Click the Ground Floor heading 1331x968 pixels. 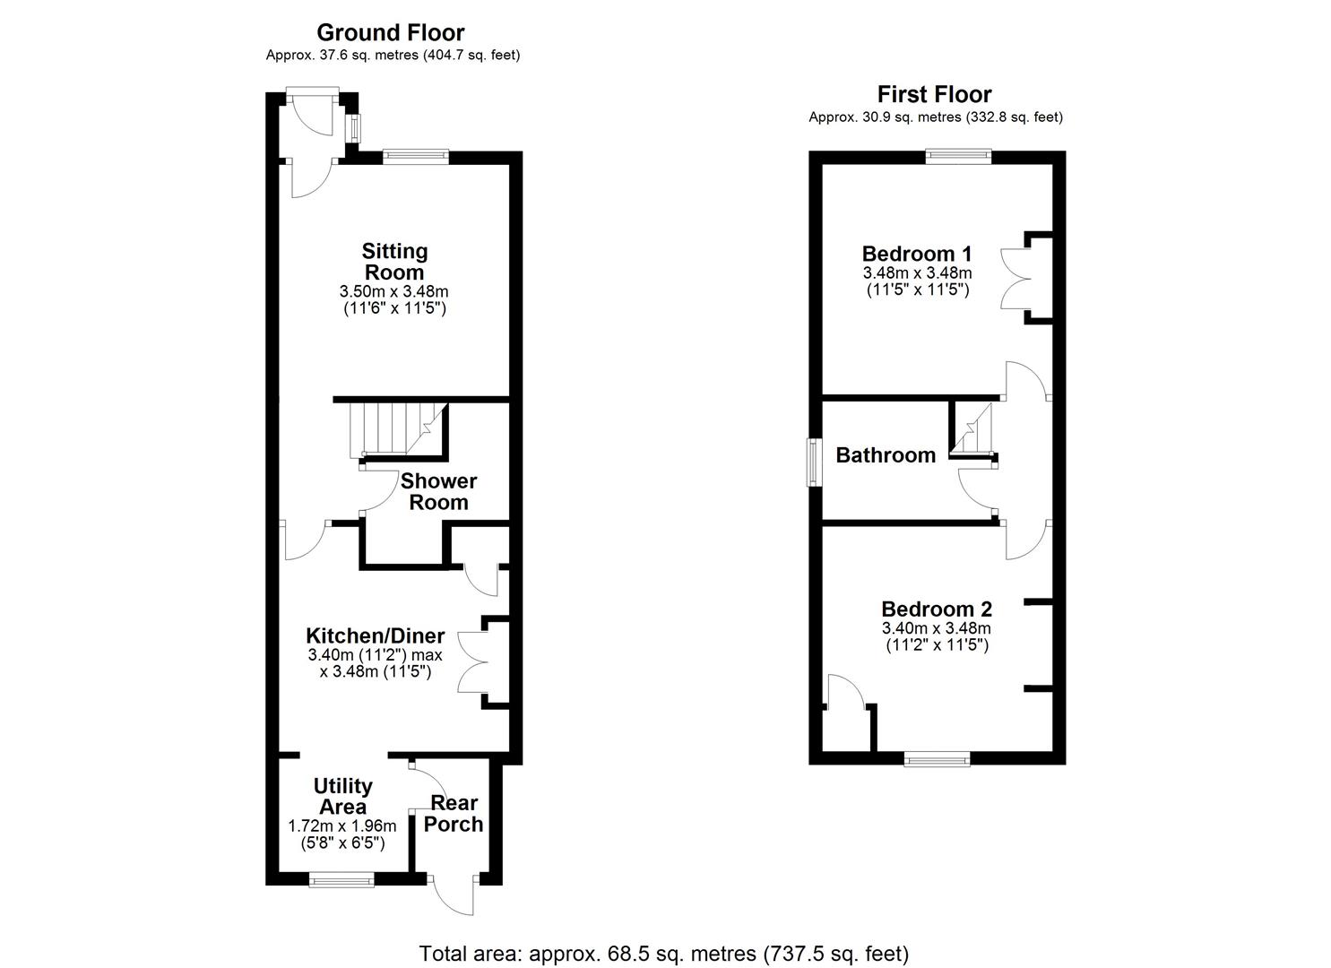(x=391, y=33)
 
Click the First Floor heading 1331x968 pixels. (x=934, y=95)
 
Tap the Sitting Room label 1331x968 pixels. (x=394, y=262)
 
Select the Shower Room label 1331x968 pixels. (x=438, y=491)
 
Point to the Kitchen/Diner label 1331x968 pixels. (x=376, y=635)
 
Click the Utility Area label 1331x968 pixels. (x=342, y=796)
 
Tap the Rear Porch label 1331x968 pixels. (x=454, y=813)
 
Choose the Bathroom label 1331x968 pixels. (x=886, y=455)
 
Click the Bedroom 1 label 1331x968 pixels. (x=917, y=254)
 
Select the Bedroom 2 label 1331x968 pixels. (x=937, y=609)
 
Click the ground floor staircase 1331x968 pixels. (x=397, y=429)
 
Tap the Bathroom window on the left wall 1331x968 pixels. (x=815, y=462)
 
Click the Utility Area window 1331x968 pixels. (x=342, y=879)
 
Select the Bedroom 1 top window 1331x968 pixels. (x=959, y=157)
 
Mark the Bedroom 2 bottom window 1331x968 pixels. (x=937, y=759)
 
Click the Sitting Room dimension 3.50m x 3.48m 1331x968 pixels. (x=394, y=291)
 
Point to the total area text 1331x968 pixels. (x=664, y=953)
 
